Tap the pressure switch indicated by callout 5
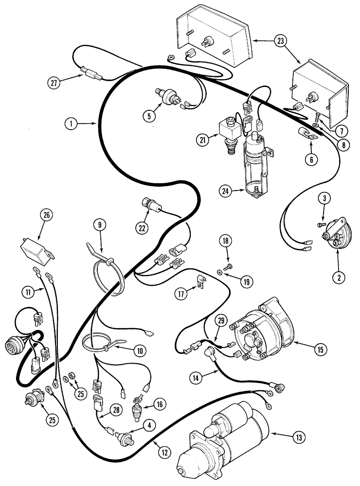(x=173, y=98)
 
